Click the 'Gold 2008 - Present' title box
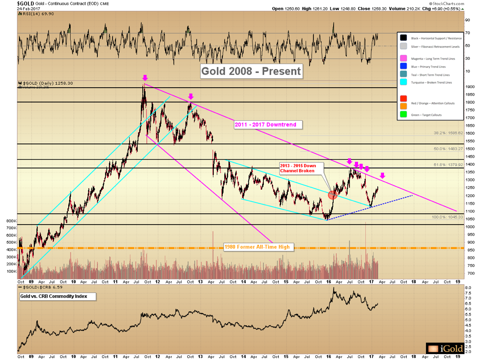(251, 71)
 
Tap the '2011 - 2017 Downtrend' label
(268, 125)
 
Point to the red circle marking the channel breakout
(333, 195)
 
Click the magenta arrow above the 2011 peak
(145, 78)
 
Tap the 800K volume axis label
(11, 221)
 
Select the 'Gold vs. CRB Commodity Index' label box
(57, 296)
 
